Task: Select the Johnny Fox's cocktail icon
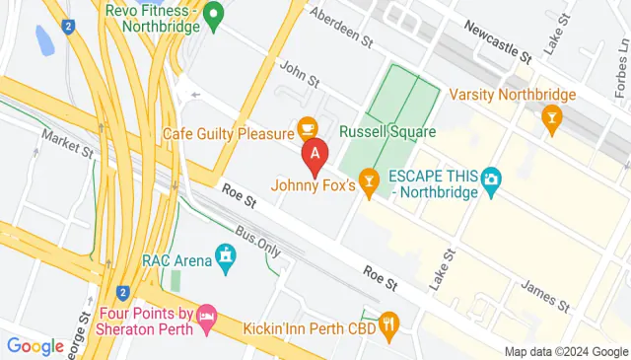(x=369, y=180)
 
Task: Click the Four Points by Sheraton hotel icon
(x=206, y=316)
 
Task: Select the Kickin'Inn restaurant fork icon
(x=390, y=322)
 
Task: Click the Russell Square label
(x=386, y=130)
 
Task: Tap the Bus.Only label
(x=258, y=243)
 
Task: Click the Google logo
(x=35, y=346)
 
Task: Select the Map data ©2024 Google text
(x=565, y=352)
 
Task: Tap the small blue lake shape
(x=44, y=40)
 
